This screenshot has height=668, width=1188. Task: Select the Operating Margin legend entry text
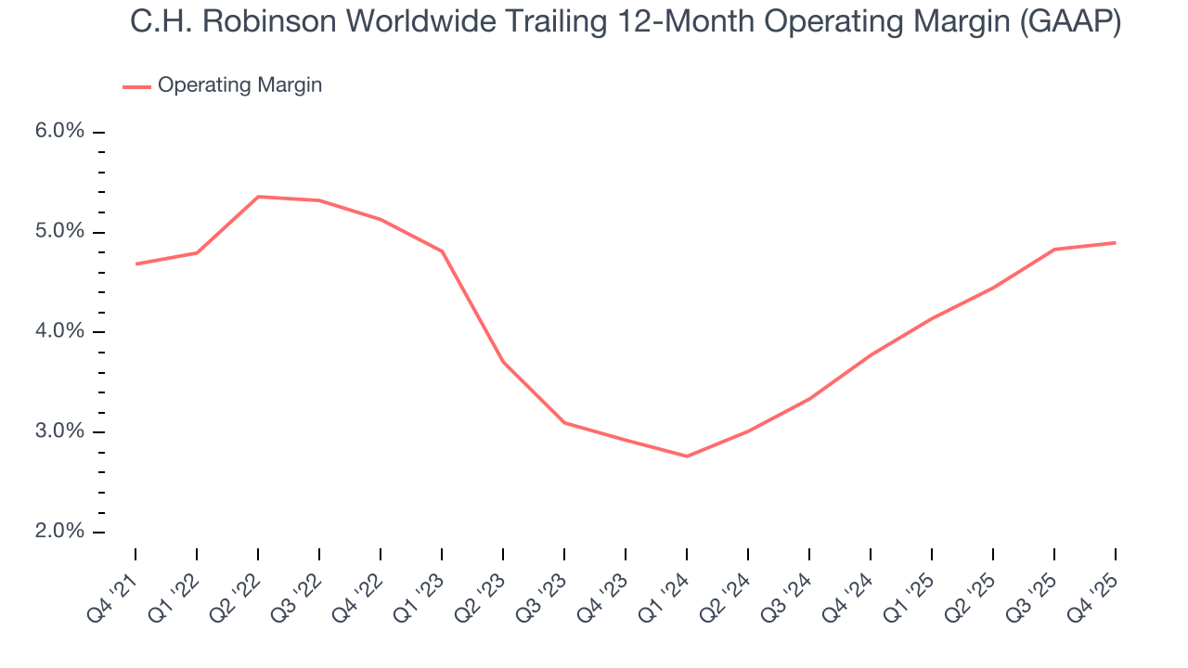click(x=239, y=85)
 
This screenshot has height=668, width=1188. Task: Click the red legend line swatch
click(x=136, y=86)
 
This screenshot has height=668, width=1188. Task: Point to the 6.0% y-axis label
click(x=59, y=132)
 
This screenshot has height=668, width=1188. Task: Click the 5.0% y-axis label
click(x=59, y=232)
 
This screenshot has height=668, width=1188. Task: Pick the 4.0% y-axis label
click(x=59, y=332)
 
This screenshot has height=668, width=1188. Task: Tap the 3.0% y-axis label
click(x=59, y=432)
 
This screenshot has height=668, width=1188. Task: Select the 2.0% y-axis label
click(x=59, y=533)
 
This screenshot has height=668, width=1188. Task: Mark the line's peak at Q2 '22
click(x=258, y=197)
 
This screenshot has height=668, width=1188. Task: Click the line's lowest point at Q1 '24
click(x=687, y=456)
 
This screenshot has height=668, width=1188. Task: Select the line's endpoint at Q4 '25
click(x=1115, y=243)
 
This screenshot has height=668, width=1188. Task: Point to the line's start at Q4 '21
click(x=136, y=263)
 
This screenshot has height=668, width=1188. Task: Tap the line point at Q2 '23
click(x=503, y=362)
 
